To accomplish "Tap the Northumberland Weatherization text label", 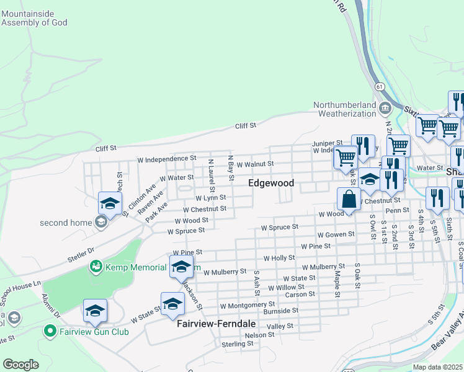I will point(344,108).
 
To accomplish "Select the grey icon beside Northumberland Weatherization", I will point(385,108).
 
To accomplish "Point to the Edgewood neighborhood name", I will point(271,183).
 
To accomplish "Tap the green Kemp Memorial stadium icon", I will point(96,267).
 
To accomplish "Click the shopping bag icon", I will point(349,200).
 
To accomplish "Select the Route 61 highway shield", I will point(378,86).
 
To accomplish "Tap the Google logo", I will point(20,365).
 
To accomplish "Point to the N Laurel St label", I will point(211,175).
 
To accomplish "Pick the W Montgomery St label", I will point(248,305).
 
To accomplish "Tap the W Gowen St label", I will point(336,235).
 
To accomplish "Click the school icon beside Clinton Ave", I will point(110,203).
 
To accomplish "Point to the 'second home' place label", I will point(65,223).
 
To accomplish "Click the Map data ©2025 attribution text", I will point(437,367).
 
